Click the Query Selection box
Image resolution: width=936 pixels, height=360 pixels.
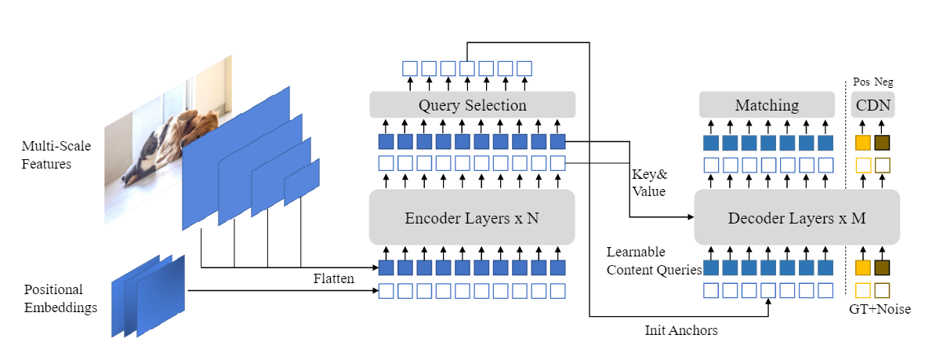click(x=472, y=105)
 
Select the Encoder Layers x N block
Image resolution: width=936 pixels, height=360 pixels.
click(x=472, y=217)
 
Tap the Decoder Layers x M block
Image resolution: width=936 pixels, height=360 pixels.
click(x=796, y=217)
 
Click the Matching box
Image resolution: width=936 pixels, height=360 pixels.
click(x=767, y=105)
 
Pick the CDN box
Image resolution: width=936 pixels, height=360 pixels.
click(x=873, y=105)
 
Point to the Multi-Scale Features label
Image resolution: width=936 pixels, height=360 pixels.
click(x=46, y=156)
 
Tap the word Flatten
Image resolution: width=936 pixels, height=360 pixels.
click(x=333, y=278)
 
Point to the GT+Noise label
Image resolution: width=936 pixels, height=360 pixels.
click(x=880, y=309)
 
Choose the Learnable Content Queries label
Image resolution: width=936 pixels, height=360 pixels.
click(x=654, y=261)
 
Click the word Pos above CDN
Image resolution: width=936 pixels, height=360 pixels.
click(x=861, y=82)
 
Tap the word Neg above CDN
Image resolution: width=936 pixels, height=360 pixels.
click(x=883, y=82)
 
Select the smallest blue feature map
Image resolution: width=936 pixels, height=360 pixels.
click(x=302, y=182)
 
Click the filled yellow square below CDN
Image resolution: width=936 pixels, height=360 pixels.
click(x=863, y=143)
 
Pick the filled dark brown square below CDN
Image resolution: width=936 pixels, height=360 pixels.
click(x=883, y=143)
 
